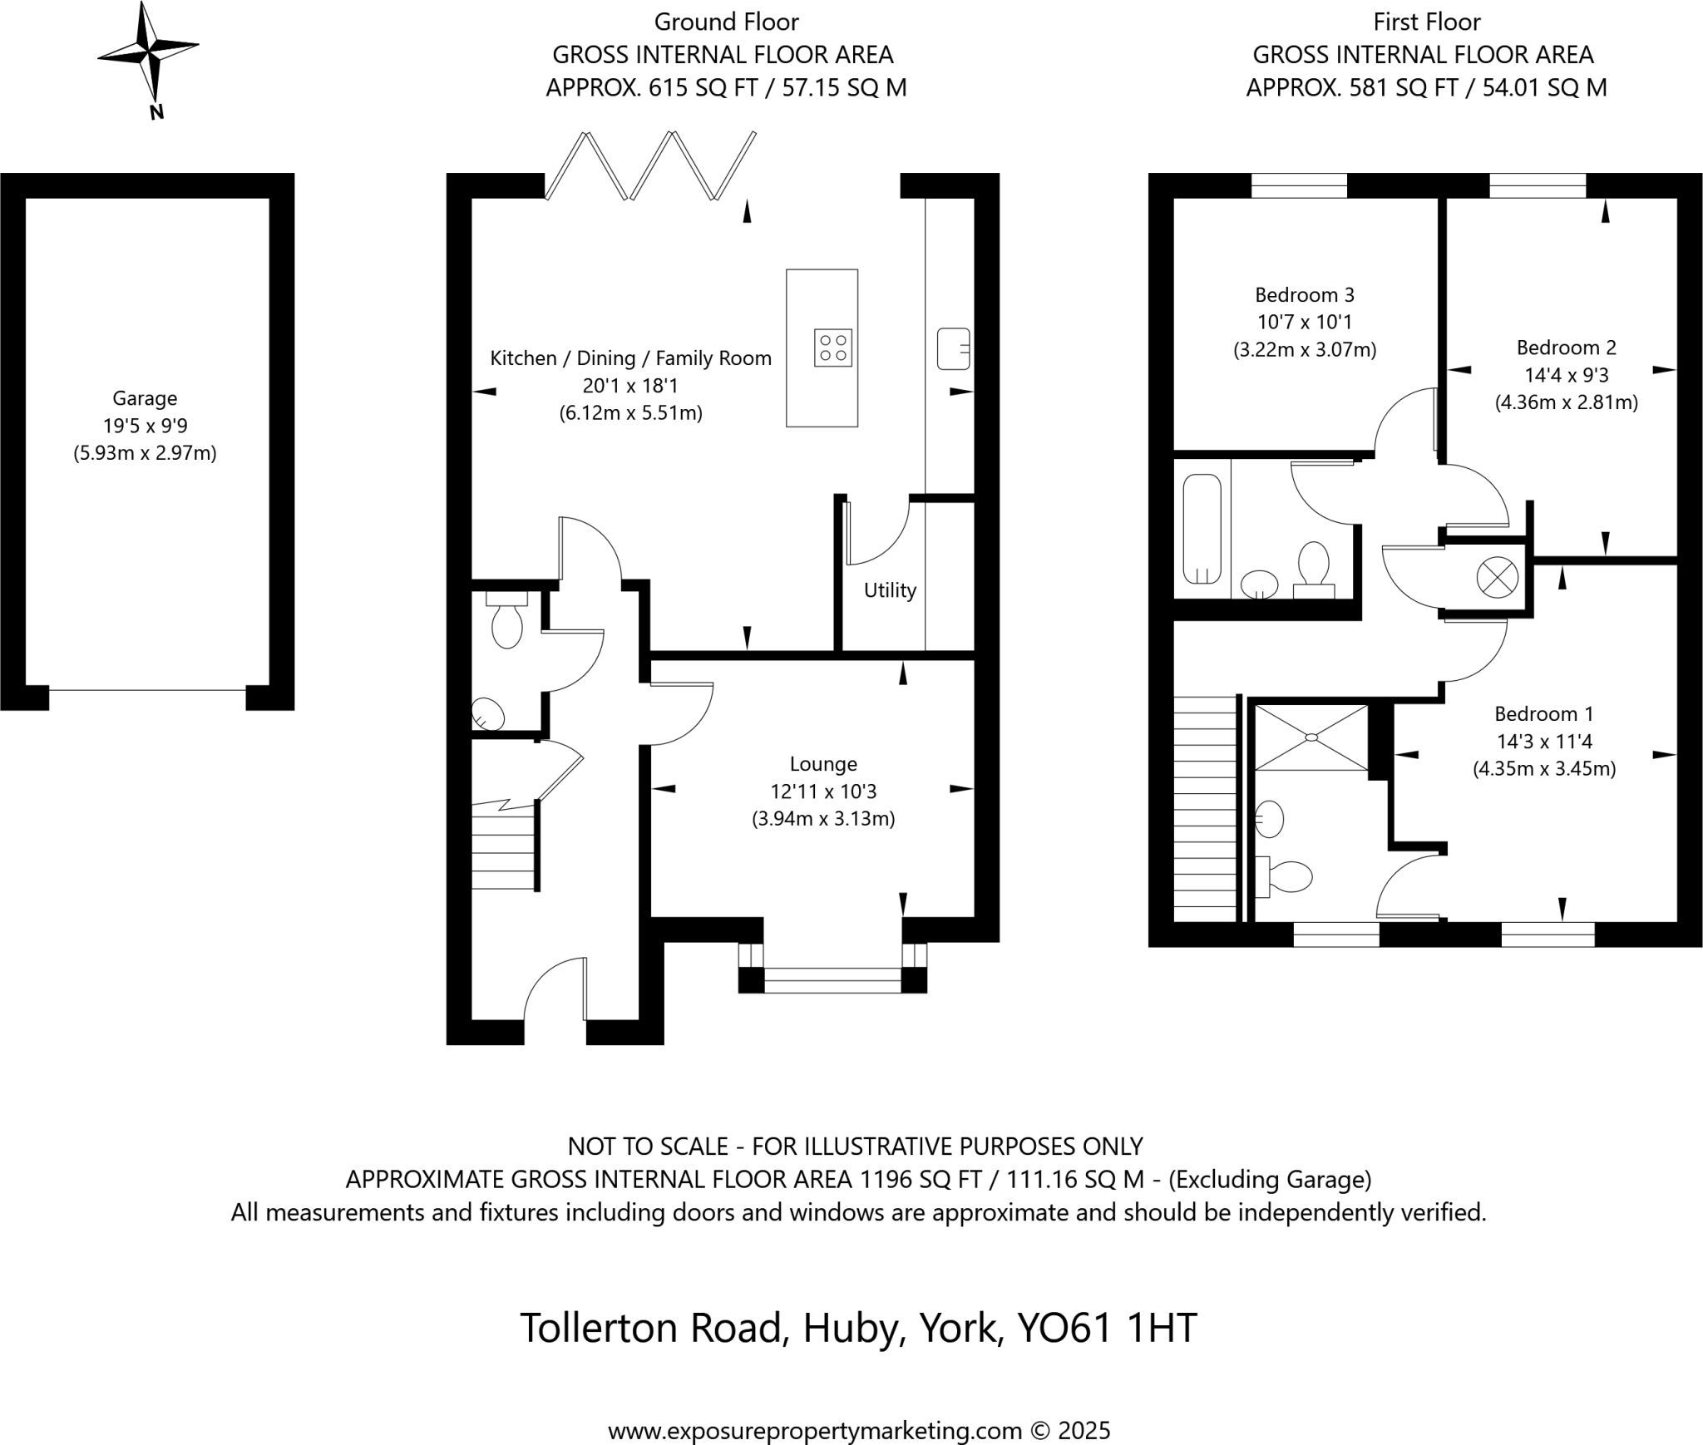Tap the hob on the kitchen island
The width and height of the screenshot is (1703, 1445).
pyautogui.click(x=832, y=348)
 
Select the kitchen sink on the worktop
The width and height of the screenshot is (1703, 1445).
pyautogui.click(x=954, y=348)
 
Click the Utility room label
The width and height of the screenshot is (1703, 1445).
pyautogui.click(x=890, y=590)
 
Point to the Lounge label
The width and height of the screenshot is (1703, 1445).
pyautogui.click(x=823, y=763)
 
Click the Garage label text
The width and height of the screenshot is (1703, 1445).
pyautogui.click(x=146, y=399)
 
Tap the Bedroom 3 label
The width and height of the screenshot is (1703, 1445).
pyautogui.click(x=1305, y=294)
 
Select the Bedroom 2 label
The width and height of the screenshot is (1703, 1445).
pyautogui.click(x=1567, y=348)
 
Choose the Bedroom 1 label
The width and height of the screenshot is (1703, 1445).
pyautogui.click(x=1544, y=713)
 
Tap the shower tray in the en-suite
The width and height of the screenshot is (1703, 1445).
pyautogui.click(x=1311, y=737)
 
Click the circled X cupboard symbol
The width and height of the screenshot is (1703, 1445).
pyautogui.click(x=1497, y=577)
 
